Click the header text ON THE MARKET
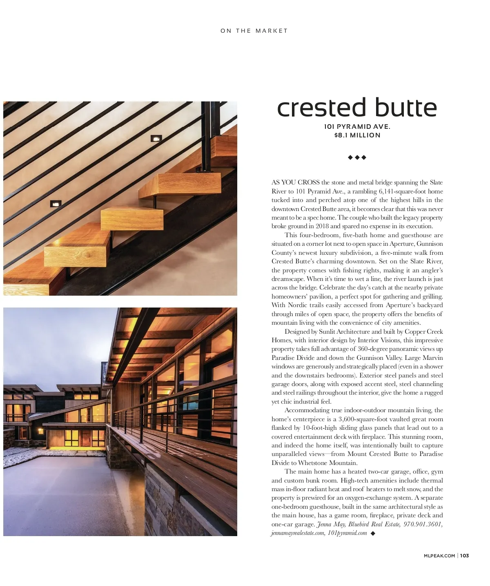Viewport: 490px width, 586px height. [x=254, y=31]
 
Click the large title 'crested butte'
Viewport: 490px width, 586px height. [x=357, y=108]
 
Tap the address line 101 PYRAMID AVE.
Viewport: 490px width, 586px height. [x=357, y=127]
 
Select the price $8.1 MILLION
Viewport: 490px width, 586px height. [x=357, y=135]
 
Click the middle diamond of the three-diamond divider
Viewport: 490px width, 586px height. [x=357, y=157]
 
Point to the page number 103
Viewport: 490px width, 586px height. [x=464, y=555]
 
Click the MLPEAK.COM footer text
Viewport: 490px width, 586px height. [x=439, y=555]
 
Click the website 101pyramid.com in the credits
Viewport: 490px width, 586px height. [x=347, y=533]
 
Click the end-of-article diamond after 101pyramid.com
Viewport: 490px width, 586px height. [x=372, y=533]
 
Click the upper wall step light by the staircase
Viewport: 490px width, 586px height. [x=156, y=139]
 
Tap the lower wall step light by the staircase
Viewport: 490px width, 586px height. [x=56, y=204]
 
